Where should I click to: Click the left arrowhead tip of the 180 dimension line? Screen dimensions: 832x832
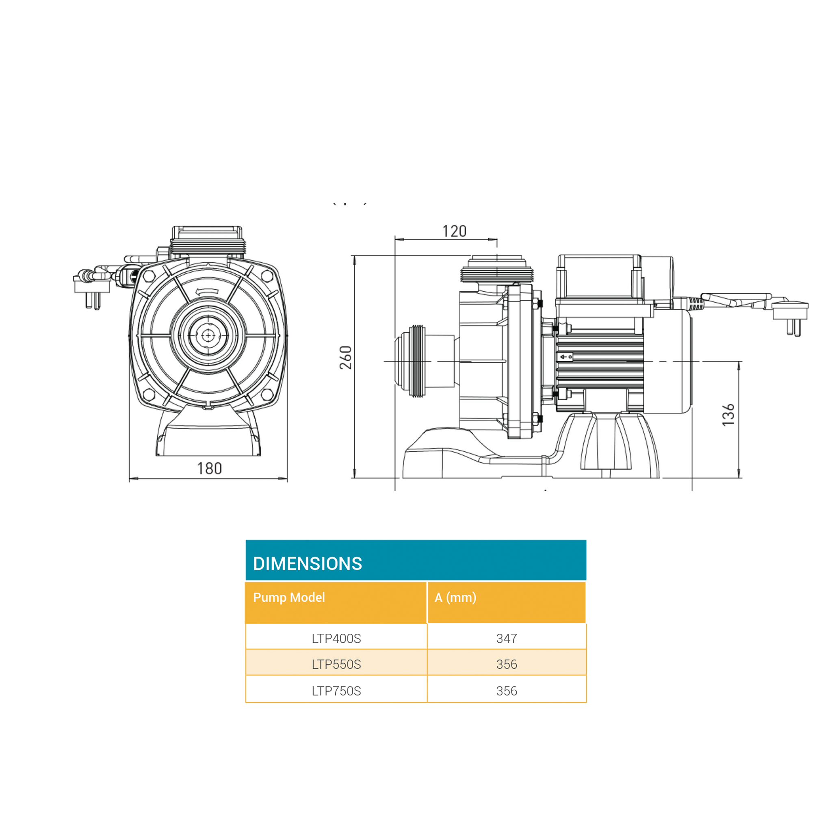[130, 479]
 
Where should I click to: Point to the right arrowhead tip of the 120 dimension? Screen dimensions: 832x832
[497, 239]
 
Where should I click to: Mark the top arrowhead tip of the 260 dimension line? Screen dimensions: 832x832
[354, 256]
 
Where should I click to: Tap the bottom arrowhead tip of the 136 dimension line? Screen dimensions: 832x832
[739, 478]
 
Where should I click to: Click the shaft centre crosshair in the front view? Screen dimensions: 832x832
[208, 335]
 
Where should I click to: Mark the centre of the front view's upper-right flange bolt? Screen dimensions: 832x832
[267, 276]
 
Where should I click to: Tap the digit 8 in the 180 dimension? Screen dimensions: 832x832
[209, 468]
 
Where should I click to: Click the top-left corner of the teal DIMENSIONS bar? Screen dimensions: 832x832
[246, 540]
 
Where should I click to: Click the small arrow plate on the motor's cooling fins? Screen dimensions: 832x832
[565, 357]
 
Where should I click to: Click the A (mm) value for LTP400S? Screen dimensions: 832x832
[507, 638]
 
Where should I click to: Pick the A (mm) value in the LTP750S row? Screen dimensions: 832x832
[507, 691]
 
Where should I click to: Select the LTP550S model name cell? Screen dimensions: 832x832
[336, 664]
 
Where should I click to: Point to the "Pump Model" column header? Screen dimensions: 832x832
[289, 597]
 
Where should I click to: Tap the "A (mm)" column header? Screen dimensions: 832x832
[455, 597]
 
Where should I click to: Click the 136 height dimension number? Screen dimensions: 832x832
[728, 415]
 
